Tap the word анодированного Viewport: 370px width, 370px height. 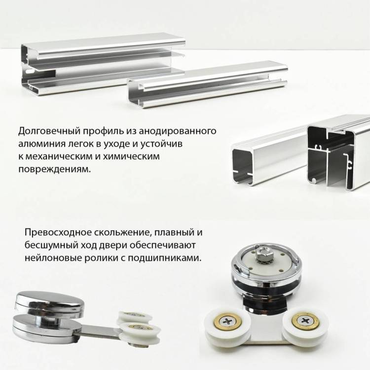tap(177, 131)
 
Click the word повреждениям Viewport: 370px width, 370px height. tap(54, 169)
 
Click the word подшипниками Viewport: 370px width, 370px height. tap(165, 258)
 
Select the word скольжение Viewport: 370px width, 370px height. tap(122, 232)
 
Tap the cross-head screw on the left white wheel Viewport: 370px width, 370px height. tap(228, 321)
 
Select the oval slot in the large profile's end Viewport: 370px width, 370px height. tap(30, 71)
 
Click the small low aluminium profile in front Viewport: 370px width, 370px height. tap(207, 84)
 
